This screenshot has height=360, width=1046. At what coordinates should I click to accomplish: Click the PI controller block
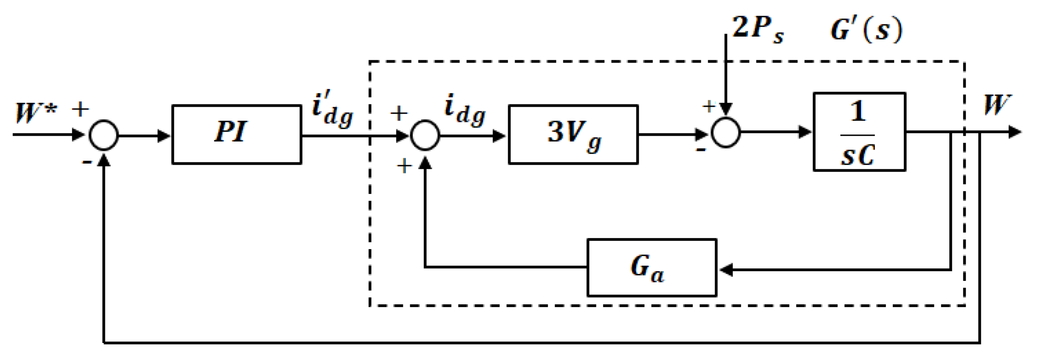(x=236, y=134)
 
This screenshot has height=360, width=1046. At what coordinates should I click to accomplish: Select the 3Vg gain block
(x=573, y=134)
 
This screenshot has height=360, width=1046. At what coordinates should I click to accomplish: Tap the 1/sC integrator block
(x=859, y=132)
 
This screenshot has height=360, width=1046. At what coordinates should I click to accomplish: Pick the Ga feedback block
(x=652, y=268)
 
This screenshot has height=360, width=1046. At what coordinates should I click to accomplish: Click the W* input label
(x=36, y=113)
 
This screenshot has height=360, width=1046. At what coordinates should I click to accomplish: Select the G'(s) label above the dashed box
(x=866, y=30)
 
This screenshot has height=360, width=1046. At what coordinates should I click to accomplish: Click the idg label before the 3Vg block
(x=464, y=110)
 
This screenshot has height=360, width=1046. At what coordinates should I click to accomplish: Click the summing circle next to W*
(x=103, y=135)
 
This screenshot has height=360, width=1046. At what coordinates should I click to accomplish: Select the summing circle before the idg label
(x=425, y=135)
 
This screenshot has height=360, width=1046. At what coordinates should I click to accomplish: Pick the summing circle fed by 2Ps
(x=726, y=133)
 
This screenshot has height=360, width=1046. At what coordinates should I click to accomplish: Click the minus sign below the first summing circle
(x=87, y=162)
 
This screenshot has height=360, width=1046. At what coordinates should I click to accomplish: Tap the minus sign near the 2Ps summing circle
(x=701, y=150)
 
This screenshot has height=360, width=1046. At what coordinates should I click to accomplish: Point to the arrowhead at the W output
(x=1014, y=132)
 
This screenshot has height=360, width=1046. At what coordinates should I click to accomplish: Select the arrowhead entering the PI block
(x=164, y=136)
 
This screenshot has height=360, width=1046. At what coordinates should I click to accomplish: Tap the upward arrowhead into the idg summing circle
(x=425, y=163)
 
